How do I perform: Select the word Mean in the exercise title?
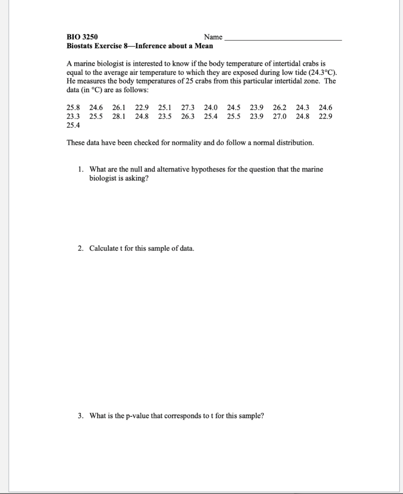click(x=204, y=46)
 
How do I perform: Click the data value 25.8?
click(x=73, y=108)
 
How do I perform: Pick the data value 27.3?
click(x=188, y=108)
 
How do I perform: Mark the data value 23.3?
click(x=73, y=116)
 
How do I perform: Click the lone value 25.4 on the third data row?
click(x=73, y=125)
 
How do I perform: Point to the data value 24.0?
click(x=210, y=108)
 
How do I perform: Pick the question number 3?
click(x=80, y=416)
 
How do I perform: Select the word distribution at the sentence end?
click(x=294, y=143)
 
